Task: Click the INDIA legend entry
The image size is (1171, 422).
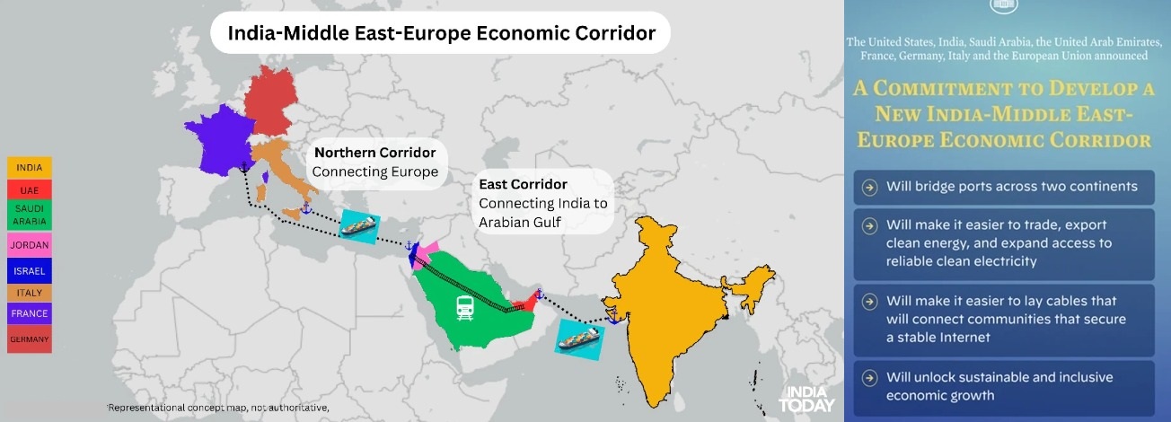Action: click(x=30, y=167)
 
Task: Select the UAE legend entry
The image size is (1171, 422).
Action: click(x=30, y=190)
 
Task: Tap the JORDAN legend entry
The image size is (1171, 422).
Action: click(x=30, y=244)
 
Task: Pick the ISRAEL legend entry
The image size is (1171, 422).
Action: click(x=30, y=270)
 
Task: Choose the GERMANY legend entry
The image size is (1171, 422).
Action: click(x=30, y=339)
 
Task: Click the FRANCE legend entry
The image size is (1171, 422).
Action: click(x=30, y=313)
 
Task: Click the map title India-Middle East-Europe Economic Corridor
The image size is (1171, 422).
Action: click(x=440, y=33)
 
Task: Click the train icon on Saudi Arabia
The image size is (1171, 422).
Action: click(x=465, y=308)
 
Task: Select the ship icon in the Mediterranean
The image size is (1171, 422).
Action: click(x=359, y=223)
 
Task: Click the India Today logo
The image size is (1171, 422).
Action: click(x=806, y=399)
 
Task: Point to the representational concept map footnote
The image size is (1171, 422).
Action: click(x=218, y=408)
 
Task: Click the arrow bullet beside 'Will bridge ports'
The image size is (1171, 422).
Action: click(x=869, y=187)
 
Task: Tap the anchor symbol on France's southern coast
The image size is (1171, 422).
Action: click(x=243, y=167)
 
